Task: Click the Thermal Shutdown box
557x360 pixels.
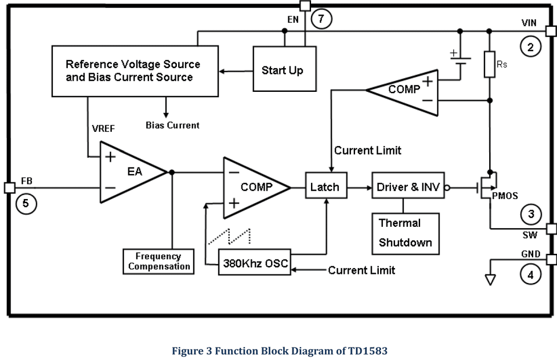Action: (x=405, y=233)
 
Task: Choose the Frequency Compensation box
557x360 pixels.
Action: (x=159, y=262)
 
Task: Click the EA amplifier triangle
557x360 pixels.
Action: (x=130, y=172)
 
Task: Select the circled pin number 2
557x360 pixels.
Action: (x=531, y=46)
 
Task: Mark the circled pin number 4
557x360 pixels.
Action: (x=531, y=274)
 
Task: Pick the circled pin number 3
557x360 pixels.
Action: (x=531, y=213)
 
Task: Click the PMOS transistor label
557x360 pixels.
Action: (x=505, y=196)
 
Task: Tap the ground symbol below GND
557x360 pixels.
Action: (x=490, y=279)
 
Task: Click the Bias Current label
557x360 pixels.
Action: (x=172, y=125)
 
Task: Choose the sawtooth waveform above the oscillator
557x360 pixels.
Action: (x=229, y=236)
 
